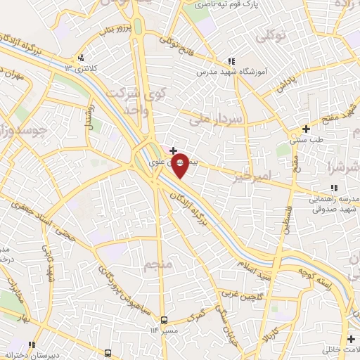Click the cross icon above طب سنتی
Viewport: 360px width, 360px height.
[305, 129]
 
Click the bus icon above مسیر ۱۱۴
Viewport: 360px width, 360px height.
[164, 319]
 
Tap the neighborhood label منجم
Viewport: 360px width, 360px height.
[158, 265]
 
